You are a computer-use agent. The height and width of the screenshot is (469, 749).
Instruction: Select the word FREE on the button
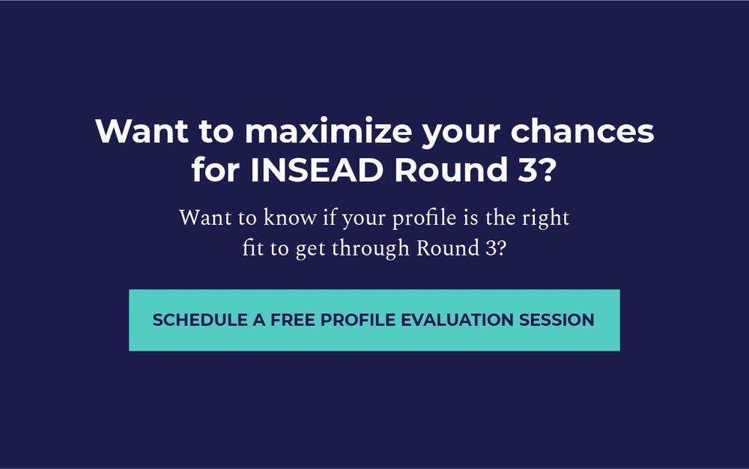pyautogui.click(x=292, y=320)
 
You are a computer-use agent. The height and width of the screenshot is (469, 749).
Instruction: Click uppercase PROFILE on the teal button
pyautogui.click(x=358, y=320)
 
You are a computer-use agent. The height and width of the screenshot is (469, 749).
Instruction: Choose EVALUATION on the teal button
pyautogui.click(x=457, y=320)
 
